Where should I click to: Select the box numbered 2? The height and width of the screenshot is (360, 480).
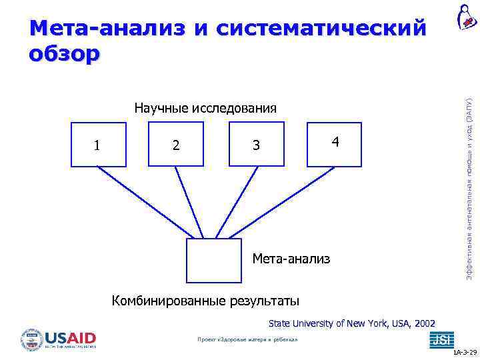click(x=175, y=144)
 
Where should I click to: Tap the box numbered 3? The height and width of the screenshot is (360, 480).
click(x=255, y=144)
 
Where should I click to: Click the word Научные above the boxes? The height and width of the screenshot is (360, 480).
click(x=162, y=108)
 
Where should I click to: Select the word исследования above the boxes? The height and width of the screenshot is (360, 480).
click(x=234, y=108)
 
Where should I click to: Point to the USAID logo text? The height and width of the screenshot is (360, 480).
click(x=70, y=338)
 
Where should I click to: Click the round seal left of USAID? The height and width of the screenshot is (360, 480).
click(x=31, y=339)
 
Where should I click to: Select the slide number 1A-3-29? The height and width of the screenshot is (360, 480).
click(x=465, y=351)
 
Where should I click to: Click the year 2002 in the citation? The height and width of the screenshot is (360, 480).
click(x=424, y=323)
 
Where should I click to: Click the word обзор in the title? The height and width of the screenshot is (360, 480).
click(x=65, y=53)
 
